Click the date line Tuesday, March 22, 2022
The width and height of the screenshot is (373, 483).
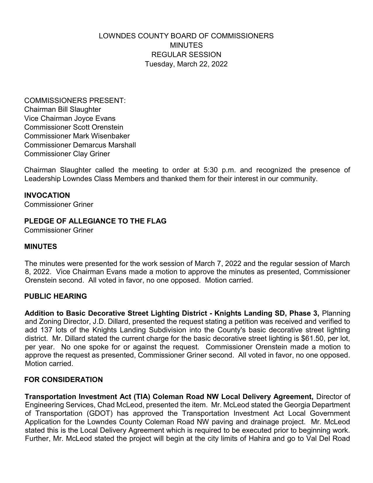[186, 64]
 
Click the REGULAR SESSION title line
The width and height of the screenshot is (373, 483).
[186, 55]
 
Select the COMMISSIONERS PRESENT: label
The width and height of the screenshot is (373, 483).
[75, 101]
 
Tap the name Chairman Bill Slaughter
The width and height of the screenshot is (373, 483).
[63, 109]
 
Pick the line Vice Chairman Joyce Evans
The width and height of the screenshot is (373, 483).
[70, 118]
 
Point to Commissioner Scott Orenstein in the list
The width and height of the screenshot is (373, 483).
[74, 127]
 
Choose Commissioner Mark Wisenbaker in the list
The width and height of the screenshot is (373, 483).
[77, 136]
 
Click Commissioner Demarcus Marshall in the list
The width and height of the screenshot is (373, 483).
[80, 145]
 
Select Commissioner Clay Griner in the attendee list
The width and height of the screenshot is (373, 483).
[67, 154]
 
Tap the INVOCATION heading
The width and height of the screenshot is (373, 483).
[47, 195]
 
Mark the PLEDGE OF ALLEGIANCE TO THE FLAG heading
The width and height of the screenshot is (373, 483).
[95, 221]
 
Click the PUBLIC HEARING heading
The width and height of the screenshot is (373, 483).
[56, 296]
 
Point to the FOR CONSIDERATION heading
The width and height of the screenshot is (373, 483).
[63, 380]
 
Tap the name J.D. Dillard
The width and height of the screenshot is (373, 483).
[110, 322]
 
